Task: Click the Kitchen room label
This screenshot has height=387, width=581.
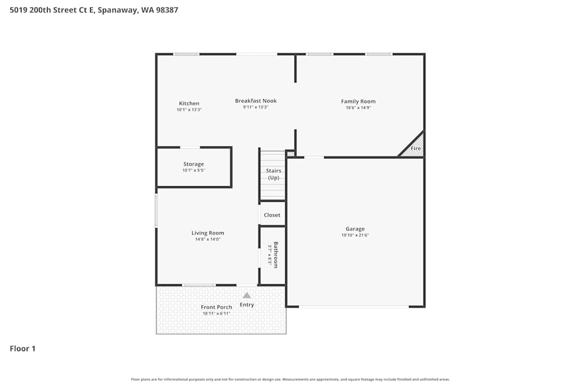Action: coord(189,103)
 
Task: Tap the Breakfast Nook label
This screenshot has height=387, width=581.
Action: coord(256,100)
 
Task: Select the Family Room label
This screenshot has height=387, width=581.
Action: coord(358,101)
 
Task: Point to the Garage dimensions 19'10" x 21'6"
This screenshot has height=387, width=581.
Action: coord(354,235)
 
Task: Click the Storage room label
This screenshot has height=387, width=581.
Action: coord(193,164)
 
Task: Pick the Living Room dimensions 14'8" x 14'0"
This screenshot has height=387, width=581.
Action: coord(207,239)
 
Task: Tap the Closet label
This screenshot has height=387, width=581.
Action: coord(272,215)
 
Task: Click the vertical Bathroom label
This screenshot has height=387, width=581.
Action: coord(276,255)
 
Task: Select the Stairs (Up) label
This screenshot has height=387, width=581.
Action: coord(273,174)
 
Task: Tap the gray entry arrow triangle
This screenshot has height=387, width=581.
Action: coord(246,295)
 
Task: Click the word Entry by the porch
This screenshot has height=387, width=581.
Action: coord(246,305)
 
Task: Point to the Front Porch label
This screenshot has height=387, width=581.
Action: coord(216,307)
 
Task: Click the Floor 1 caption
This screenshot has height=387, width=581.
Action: coord(23,349)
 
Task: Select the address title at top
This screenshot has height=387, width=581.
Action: coord(94,10)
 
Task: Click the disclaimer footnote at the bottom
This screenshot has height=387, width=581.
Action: coord(290,379)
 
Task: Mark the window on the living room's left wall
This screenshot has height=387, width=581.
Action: coord(156,210)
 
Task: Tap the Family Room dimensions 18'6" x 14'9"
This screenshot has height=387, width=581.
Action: coord(358,107)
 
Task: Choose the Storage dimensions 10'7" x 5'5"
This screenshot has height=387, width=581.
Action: coord(193,171)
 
